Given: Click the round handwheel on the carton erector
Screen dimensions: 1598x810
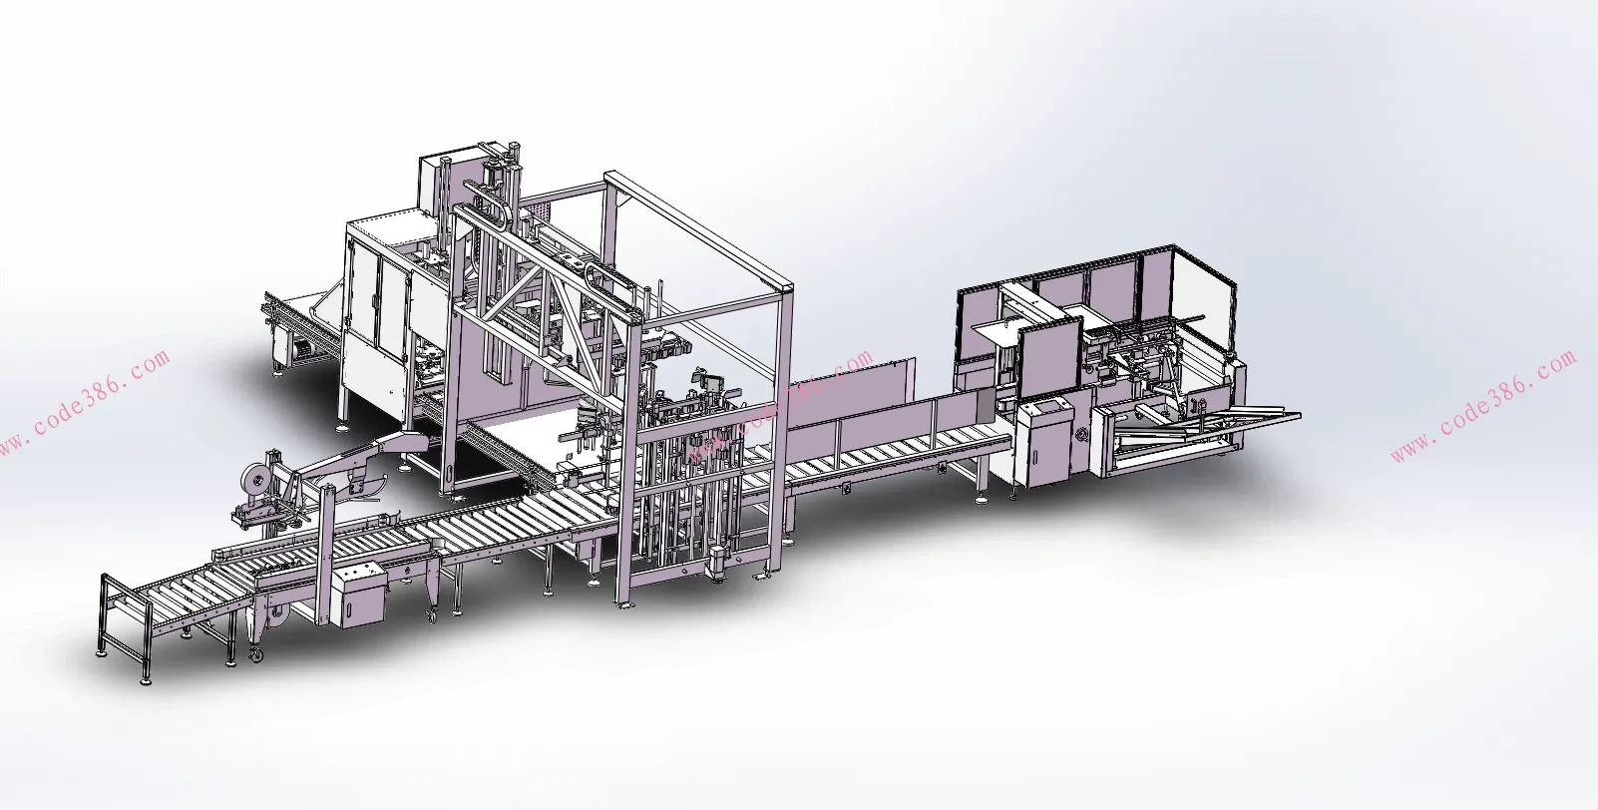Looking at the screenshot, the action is [x=1080, y=433].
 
